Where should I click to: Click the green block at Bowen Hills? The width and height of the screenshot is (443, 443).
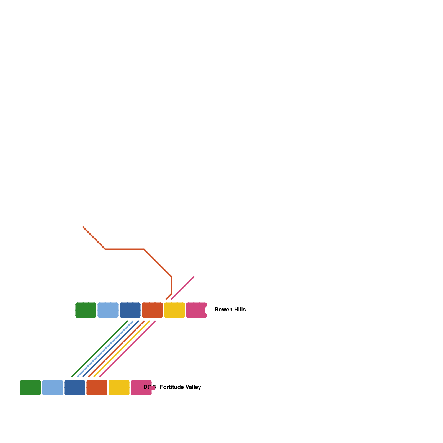tap(86, 310)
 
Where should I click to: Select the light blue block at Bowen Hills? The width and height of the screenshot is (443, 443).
tap(108, 310)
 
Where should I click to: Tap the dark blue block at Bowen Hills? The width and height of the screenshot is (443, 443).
tap(130, 310)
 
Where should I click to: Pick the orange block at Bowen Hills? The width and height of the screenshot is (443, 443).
tap(152, 310)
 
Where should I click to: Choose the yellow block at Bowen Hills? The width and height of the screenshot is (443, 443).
tap(174, 310)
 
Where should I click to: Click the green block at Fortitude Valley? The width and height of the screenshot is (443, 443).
tap(30, 388)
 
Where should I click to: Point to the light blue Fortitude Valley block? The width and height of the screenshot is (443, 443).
tap(53, 388)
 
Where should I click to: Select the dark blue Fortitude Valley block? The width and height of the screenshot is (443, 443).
tap(75, 388)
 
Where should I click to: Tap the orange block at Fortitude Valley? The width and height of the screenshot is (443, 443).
tap(97, 388)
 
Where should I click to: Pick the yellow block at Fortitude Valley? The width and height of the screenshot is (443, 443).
tap(119, 388)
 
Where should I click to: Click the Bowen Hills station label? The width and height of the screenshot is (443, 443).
tap(230, 310)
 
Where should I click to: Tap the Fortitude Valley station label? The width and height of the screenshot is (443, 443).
tap(180, 387)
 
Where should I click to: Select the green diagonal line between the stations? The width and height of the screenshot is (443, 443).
tap(100, 349)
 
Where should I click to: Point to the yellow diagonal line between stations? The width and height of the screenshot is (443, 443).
tap(122, 349)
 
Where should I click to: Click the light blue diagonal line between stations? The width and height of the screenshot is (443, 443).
tap(105, 349)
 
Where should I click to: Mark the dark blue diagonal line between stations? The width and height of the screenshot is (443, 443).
tap(111, 349)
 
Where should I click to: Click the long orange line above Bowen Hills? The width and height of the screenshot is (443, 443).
tap(125, 249)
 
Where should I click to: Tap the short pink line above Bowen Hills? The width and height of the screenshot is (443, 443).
tap(183, 288)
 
